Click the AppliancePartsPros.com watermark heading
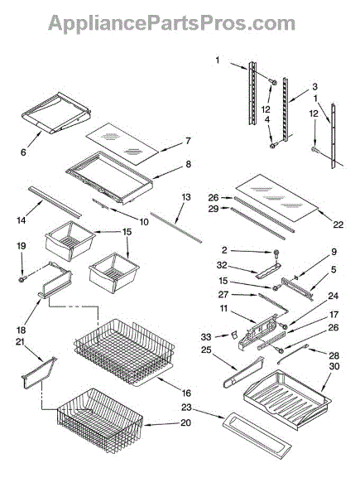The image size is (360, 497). point(171,23)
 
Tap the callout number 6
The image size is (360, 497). point(23,152)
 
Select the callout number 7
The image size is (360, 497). point(188,141)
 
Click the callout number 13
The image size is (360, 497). point(186,197)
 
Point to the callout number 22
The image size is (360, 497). point(338,224)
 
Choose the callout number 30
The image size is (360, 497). point(334,366)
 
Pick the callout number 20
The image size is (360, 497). point(186,422)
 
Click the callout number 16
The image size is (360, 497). point(186,393)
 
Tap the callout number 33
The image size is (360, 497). point(206,337)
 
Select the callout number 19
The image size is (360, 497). point(22,246)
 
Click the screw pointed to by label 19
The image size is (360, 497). point(23,279)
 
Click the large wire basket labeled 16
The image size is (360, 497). point(124,352)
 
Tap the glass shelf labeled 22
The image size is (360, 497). point(276,198)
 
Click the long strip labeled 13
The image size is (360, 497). point(176,228)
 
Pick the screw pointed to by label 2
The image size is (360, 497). point(276,253)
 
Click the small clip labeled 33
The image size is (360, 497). point(233,335)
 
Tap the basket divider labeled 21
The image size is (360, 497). point(39,372)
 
